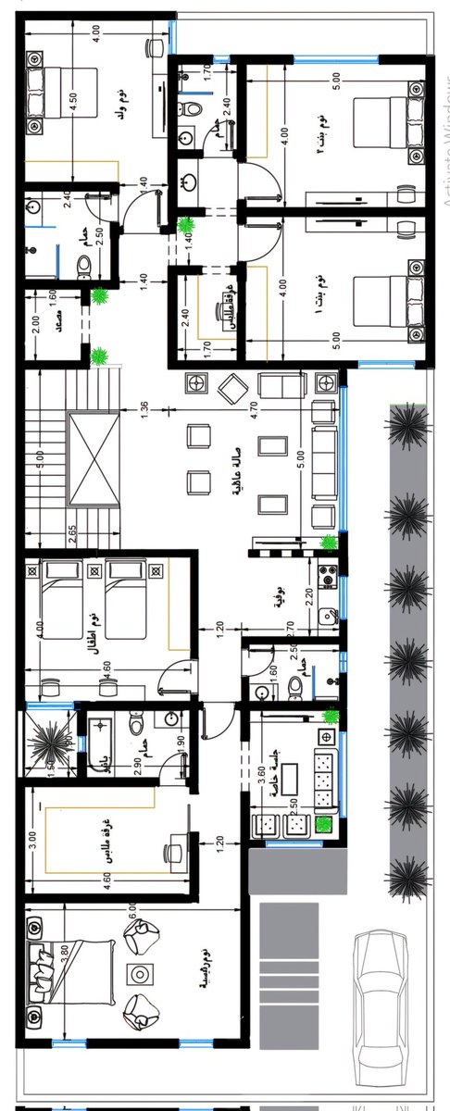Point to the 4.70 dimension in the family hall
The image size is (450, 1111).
tap(253, 406)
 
